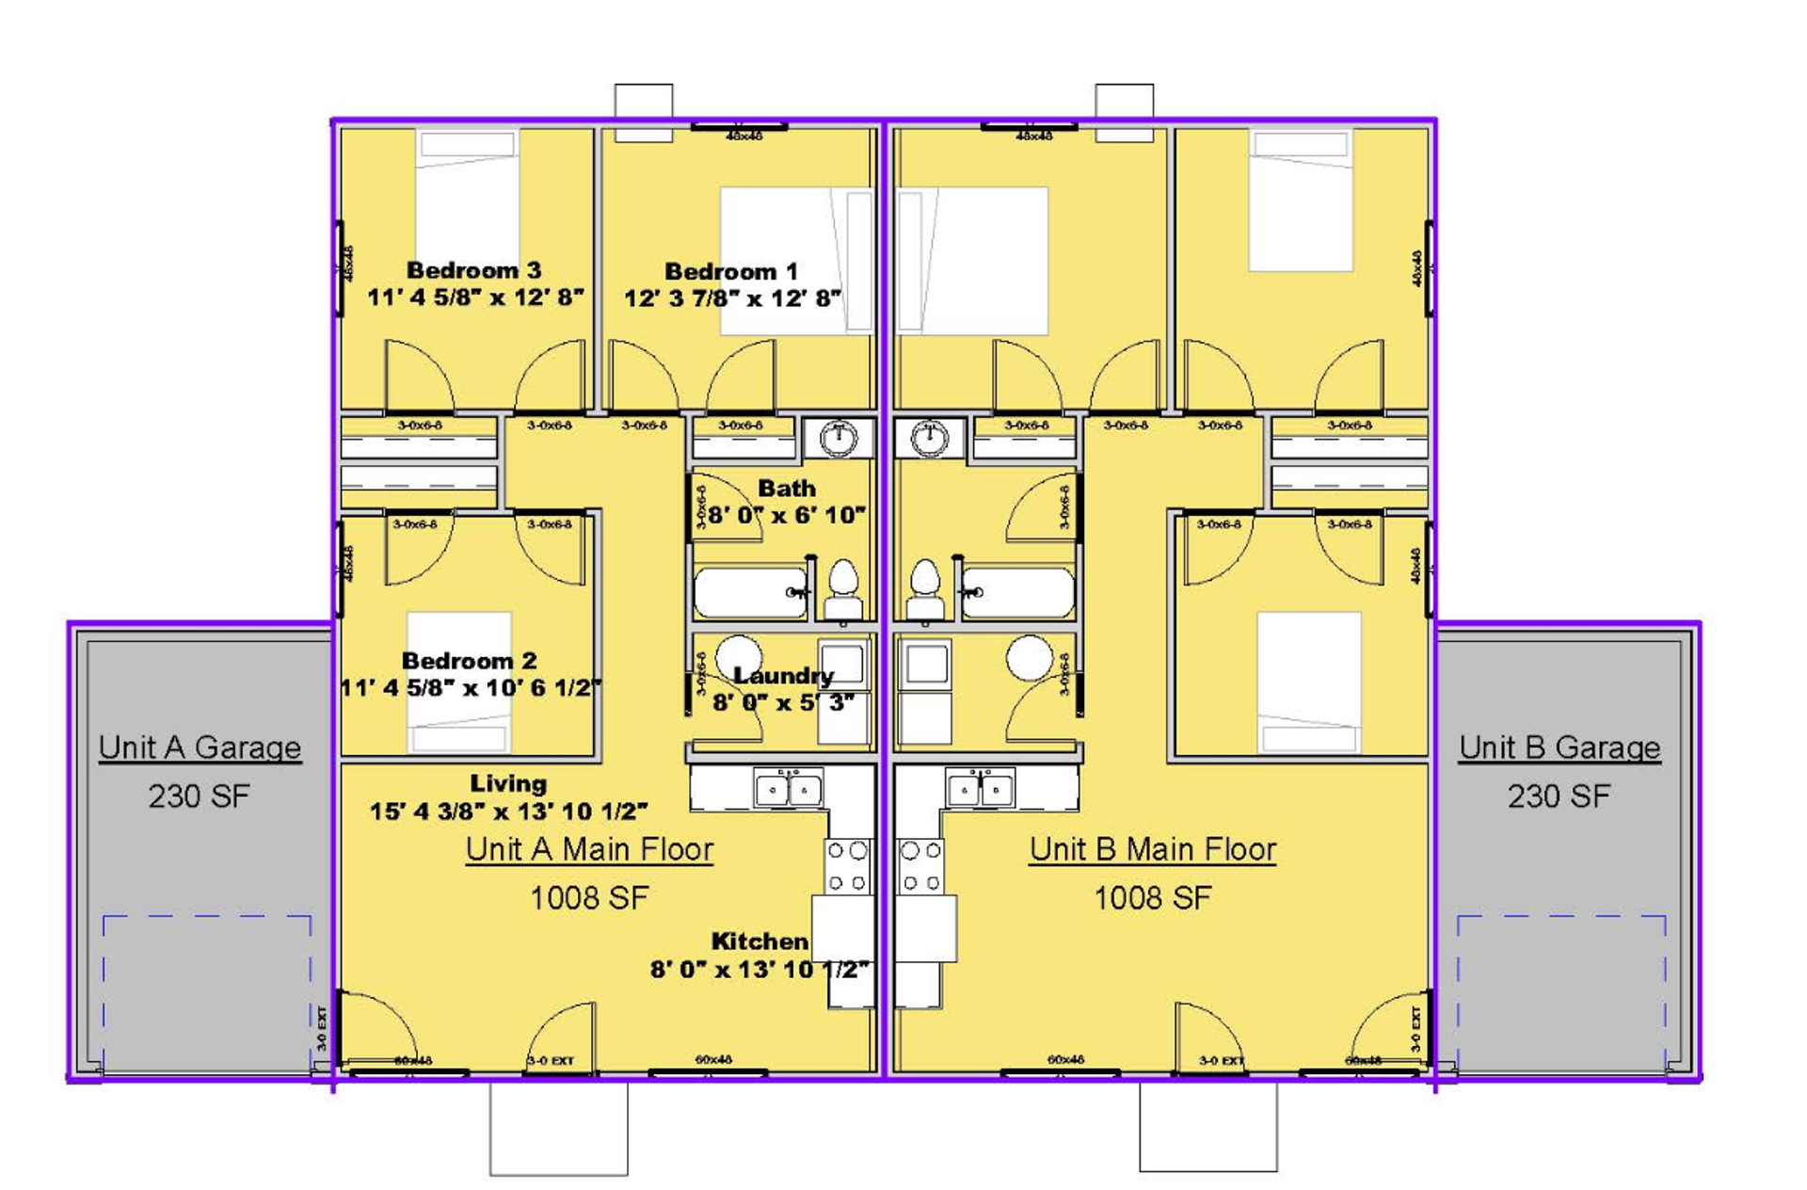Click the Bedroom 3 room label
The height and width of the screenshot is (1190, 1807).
[x=473, y=271]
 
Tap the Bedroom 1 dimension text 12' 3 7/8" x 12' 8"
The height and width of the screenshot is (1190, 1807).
[x=732, y=299]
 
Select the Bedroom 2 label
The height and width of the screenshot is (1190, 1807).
[x=469, y=661]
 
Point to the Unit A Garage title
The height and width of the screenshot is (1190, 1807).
[x=200, y=748]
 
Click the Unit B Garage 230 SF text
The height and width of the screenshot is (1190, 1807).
[x=1559, y=796]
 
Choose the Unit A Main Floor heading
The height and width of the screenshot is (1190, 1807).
[x=589, y=849]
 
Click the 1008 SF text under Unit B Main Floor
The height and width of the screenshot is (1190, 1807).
[x=1152, y=898]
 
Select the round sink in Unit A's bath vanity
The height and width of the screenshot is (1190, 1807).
[x=838, y=439]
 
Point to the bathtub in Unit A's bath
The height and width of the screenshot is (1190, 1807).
[x=750, y=593]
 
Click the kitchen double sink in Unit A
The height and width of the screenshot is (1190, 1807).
[x=789, y=789]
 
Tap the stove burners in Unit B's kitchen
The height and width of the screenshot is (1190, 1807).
[x=920, y=866]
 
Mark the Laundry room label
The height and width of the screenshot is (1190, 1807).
[x=783, y=676]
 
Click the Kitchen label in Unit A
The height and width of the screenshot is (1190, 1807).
[x=759, y=941]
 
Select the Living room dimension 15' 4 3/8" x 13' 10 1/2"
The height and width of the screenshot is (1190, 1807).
[x=508, y=812]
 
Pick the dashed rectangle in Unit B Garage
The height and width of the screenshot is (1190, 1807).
[x=1561, y=993]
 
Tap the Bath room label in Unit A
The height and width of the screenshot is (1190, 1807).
[x=786, y=489]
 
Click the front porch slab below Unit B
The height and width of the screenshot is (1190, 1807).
[x=1208, y=1126]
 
